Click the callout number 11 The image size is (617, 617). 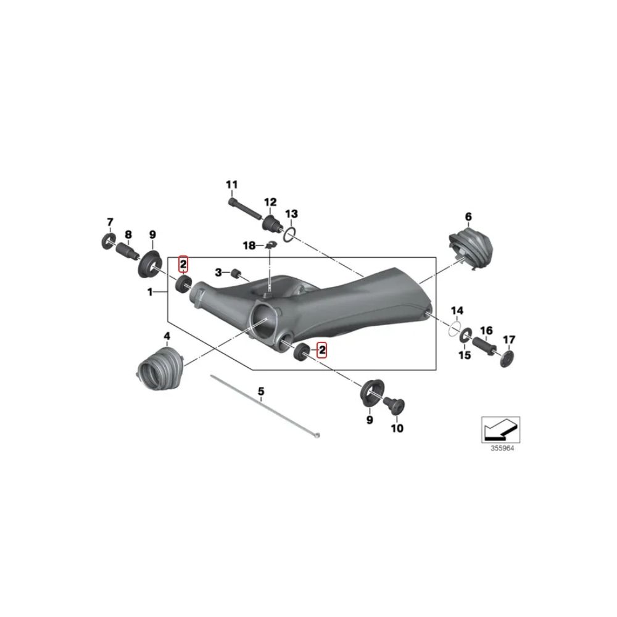[x=232, y=184]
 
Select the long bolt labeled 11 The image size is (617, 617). [x=245, y=209]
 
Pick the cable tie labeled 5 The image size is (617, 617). [x=265, y=406]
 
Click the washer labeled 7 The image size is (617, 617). [x=108, y=241]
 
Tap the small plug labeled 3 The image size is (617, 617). [x=236, y=273]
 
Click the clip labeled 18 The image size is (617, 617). [x=270, y=245]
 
